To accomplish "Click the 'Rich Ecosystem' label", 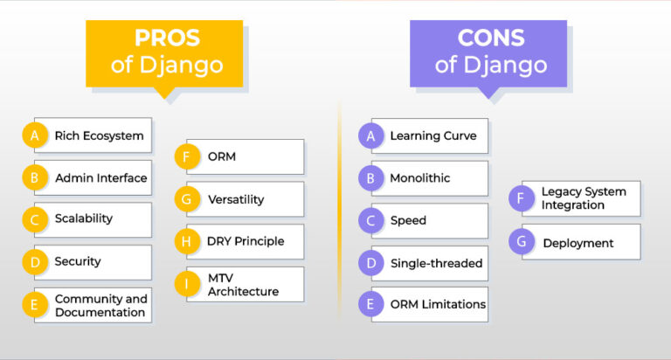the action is tap(99, 135).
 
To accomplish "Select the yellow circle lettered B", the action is tap(35, 177).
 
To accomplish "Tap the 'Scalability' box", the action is tap(93, 219).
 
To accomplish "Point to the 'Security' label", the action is tap(78, 261).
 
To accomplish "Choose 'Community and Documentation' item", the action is tap(93, 305).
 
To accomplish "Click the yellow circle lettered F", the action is tap(187, 156).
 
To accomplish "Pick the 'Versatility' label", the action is tap(236, 199).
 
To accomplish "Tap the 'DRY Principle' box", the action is tap(246, 242).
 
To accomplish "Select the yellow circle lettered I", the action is tap(187, 284).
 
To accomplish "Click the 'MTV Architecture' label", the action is tap(243, 285).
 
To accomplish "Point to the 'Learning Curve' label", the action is tap(433, 135).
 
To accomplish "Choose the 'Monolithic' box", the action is tap(430, 178).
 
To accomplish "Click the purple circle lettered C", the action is tap(370, 220).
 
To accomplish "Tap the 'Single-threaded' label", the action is tap(436, 263).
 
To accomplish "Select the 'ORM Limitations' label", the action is tap(438, 304).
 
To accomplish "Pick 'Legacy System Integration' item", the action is tap(581, 198).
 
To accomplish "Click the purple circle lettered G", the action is tap(522, 241).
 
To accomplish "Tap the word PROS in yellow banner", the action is tap(167, 38).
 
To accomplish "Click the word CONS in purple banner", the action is tap(491, 38).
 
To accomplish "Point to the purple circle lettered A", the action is tap(370, 135).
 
